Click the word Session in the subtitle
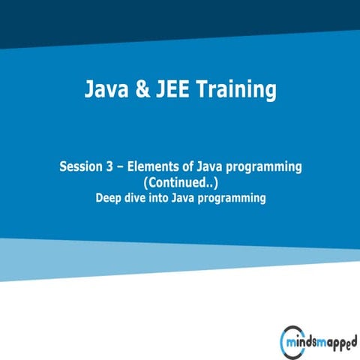click(x=80, y=167)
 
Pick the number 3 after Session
click(x=110, y=167)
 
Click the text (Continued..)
click(x=180, y=183)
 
